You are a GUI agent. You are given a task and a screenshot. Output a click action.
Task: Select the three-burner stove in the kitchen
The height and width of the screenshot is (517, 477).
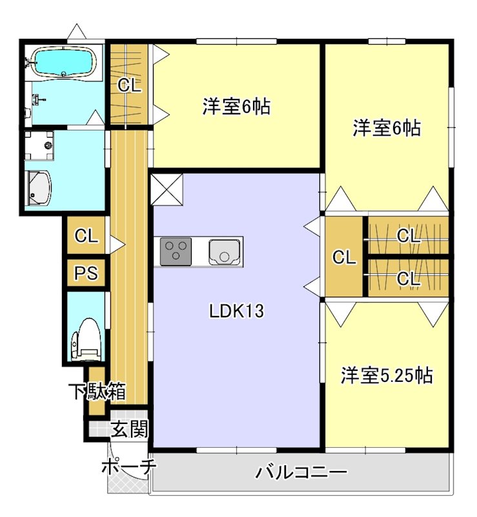tap(176, 251)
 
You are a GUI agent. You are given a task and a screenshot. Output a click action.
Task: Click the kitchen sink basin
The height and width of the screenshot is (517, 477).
tap(224, 251)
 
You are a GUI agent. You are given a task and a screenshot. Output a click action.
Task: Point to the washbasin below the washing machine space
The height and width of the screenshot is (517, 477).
tap(39, 188)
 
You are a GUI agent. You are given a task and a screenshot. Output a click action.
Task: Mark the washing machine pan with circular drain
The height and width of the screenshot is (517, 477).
tap(41, 146)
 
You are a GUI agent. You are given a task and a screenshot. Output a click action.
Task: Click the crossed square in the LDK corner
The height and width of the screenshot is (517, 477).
tap(167, 189)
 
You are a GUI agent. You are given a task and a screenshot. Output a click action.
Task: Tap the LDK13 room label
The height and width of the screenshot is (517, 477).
tap(236, 311)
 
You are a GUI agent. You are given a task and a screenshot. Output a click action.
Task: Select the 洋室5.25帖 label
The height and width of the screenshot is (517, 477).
tap(387, 375)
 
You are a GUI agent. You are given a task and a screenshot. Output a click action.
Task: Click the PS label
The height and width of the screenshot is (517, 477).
tap(85, 273)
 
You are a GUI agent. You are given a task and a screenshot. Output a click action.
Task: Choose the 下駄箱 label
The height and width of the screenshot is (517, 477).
tap(98, 392)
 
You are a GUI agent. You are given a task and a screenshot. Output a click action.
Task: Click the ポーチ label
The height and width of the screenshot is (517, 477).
tap(128, 467)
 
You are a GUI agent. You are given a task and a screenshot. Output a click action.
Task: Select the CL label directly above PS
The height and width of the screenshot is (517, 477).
tap(85, 236)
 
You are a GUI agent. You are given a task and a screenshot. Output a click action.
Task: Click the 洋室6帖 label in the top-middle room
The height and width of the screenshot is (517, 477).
tap(236, 107)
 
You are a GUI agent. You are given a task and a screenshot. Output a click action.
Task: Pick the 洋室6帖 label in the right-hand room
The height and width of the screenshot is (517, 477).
tap(386, 129)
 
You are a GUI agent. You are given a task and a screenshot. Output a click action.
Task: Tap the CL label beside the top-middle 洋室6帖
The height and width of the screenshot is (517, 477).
tap(129, 85)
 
